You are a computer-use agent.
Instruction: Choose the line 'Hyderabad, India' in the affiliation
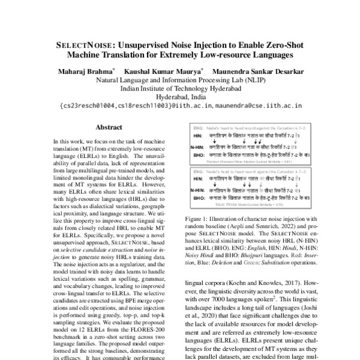point(180,97)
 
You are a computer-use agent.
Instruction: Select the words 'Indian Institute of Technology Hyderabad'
point(180,88)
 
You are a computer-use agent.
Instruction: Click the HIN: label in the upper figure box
point(194,136)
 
